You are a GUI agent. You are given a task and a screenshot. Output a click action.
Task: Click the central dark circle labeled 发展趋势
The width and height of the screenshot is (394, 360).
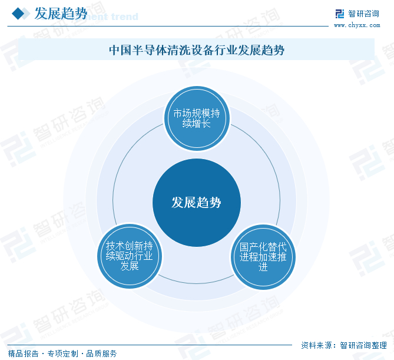click(196, 203)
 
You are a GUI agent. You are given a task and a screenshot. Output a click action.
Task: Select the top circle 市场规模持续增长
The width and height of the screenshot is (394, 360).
click(196, 118)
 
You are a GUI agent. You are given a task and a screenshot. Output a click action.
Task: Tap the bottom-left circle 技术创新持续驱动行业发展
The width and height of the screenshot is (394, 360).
click(129, 256)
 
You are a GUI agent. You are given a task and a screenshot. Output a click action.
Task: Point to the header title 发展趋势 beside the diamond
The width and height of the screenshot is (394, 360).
click(61, 14)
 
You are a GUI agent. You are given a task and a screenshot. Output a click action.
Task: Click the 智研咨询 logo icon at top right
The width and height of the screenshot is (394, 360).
click(340, 14)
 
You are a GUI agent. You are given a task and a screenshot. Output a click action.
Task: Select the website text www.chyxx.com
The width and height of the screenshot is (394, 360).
click(356, 25)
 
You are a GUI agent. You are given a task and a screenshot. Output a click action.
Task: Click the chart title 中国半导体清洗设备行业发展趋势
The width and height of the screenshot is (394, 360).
click(197, 50)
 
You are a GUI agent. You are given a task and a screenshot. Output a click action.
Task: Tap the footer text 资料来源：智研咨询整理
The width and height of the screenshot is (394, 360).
click(343, 345)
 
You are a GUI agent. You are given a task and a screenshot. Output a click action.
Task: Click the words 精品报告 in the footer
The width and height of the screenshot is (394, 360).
click(23, 354)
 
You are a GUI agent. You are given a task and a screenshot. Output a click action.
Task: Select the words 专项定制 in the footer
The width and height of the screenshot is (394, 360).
click(62, 354)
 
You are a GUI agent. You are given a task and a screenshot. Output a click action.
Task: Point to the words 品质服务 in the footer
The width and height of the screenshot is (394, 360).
click(101, 354)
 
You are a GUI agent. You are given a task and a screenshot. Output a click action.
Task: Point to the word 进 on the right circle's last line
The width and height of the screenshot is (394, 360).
click(263, 267)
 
